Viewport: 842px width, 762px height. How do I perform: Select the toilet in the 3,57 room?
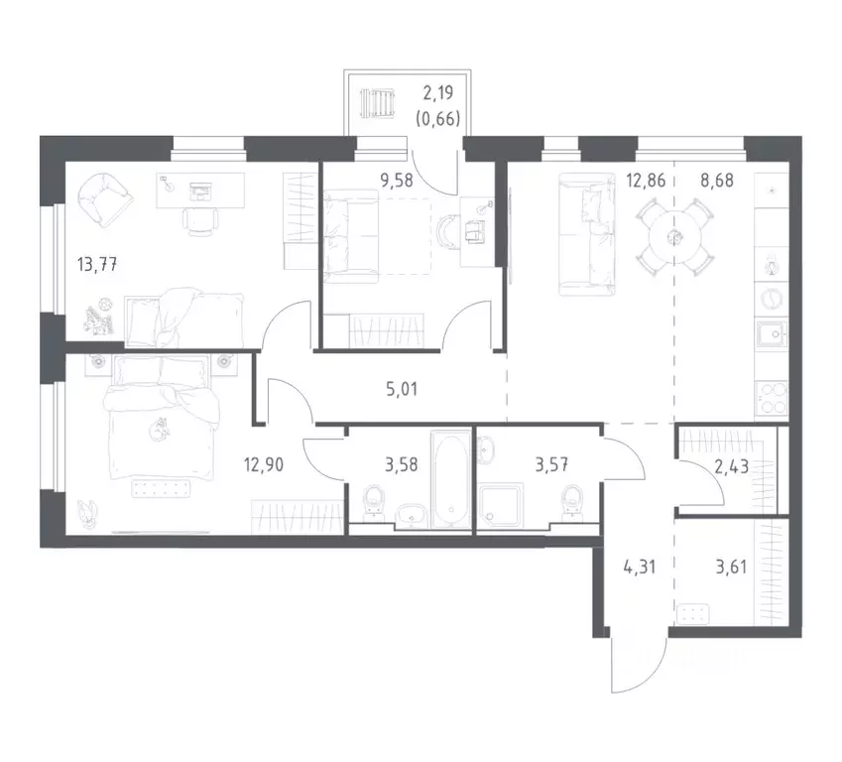[570, 504]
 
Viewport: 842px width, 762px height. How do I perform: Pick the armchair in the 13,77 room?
[103, 197]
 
